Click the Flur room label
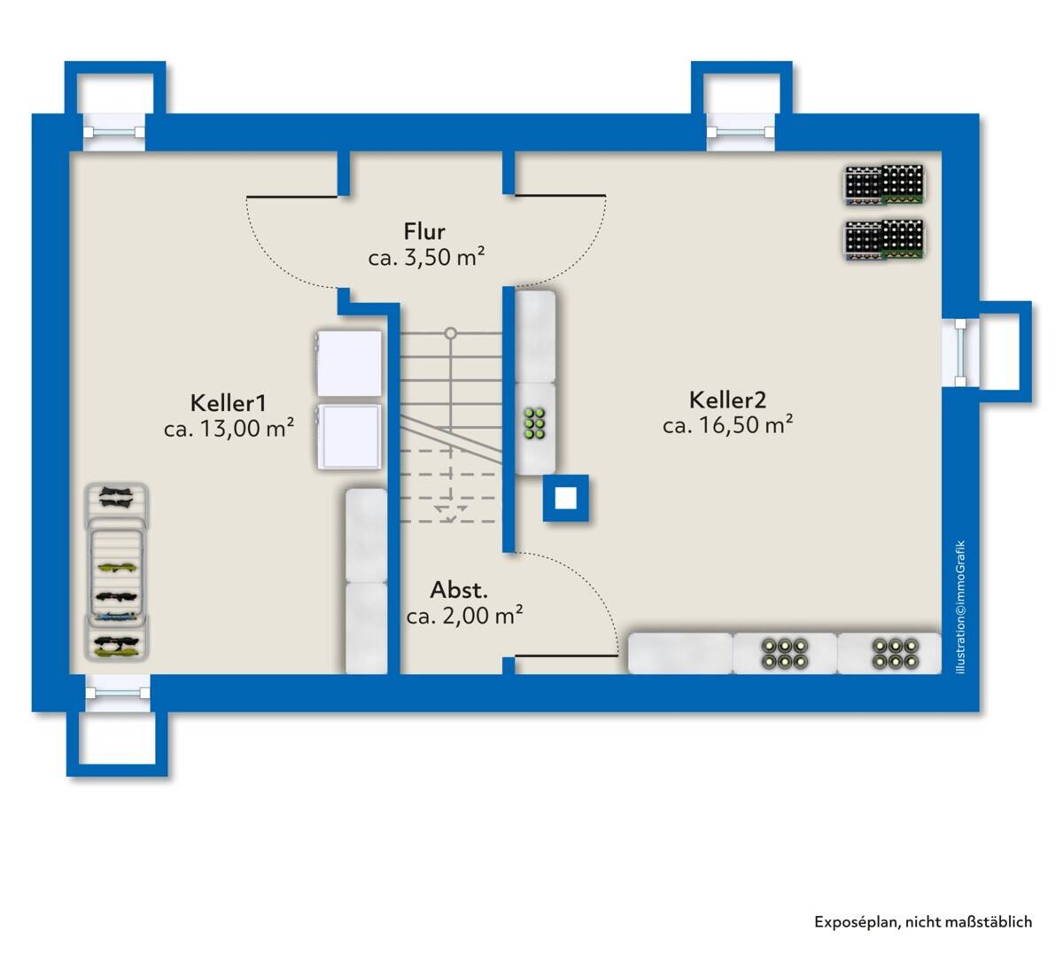[424, 231]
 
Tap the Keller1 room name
[228, 403]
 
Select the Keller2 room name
[727, 400]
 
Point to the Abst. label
[459, 590]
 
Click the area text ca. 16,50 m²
[727, 425]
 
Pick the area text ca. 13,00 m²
[229, 428]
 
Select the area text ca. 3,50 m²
[426, 257]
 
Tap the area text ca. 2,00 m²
[465, 616]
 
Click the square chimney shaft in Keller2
[566, 498]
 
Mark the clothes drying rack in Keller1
[117, 572]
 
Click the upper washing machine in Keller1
[349, 363]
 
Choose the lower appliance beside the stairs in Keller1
[349, 437]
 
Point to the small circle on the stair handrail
[450, 333]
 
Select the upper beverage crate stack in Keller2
[884, 184]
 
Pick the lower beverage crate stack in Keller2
[884, 240]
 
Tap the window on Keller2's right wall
[960, 353]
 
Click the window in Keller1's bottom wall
[118, 693]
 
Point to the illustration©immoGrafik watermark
[961, 607]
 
